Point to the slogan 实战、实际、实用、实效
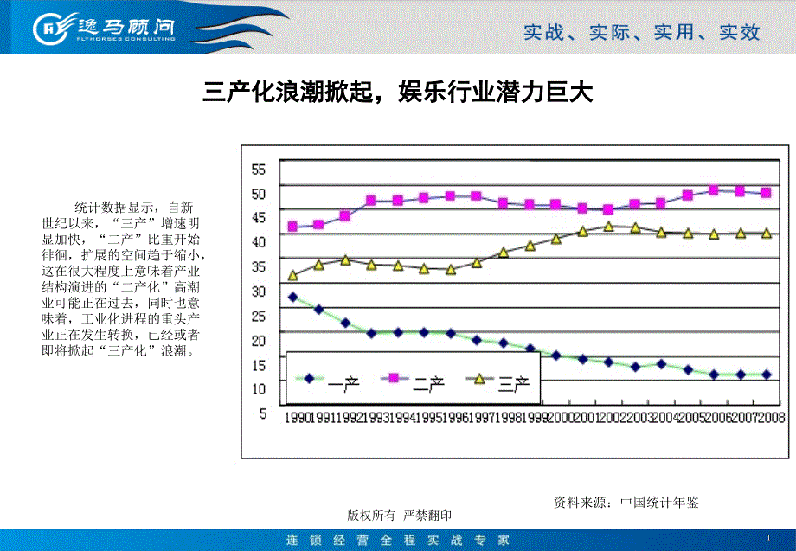(x=641, y=33)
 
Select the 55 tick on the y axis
(x=259, y=168)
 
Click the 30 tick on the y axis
(x=259, y=292)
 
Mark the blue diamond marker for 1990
(x=292, y=297)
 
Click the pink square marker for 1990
(x=292, y=227)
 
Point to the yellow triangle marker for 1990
(x=292, y=275)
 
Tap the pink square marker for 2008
(x=766, y=193)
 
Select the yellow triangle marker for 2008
(x=766, y=233)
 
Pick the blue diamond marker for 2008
(x=766, y=375)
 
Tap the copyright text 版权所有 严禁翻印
(x=399, y=516)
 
